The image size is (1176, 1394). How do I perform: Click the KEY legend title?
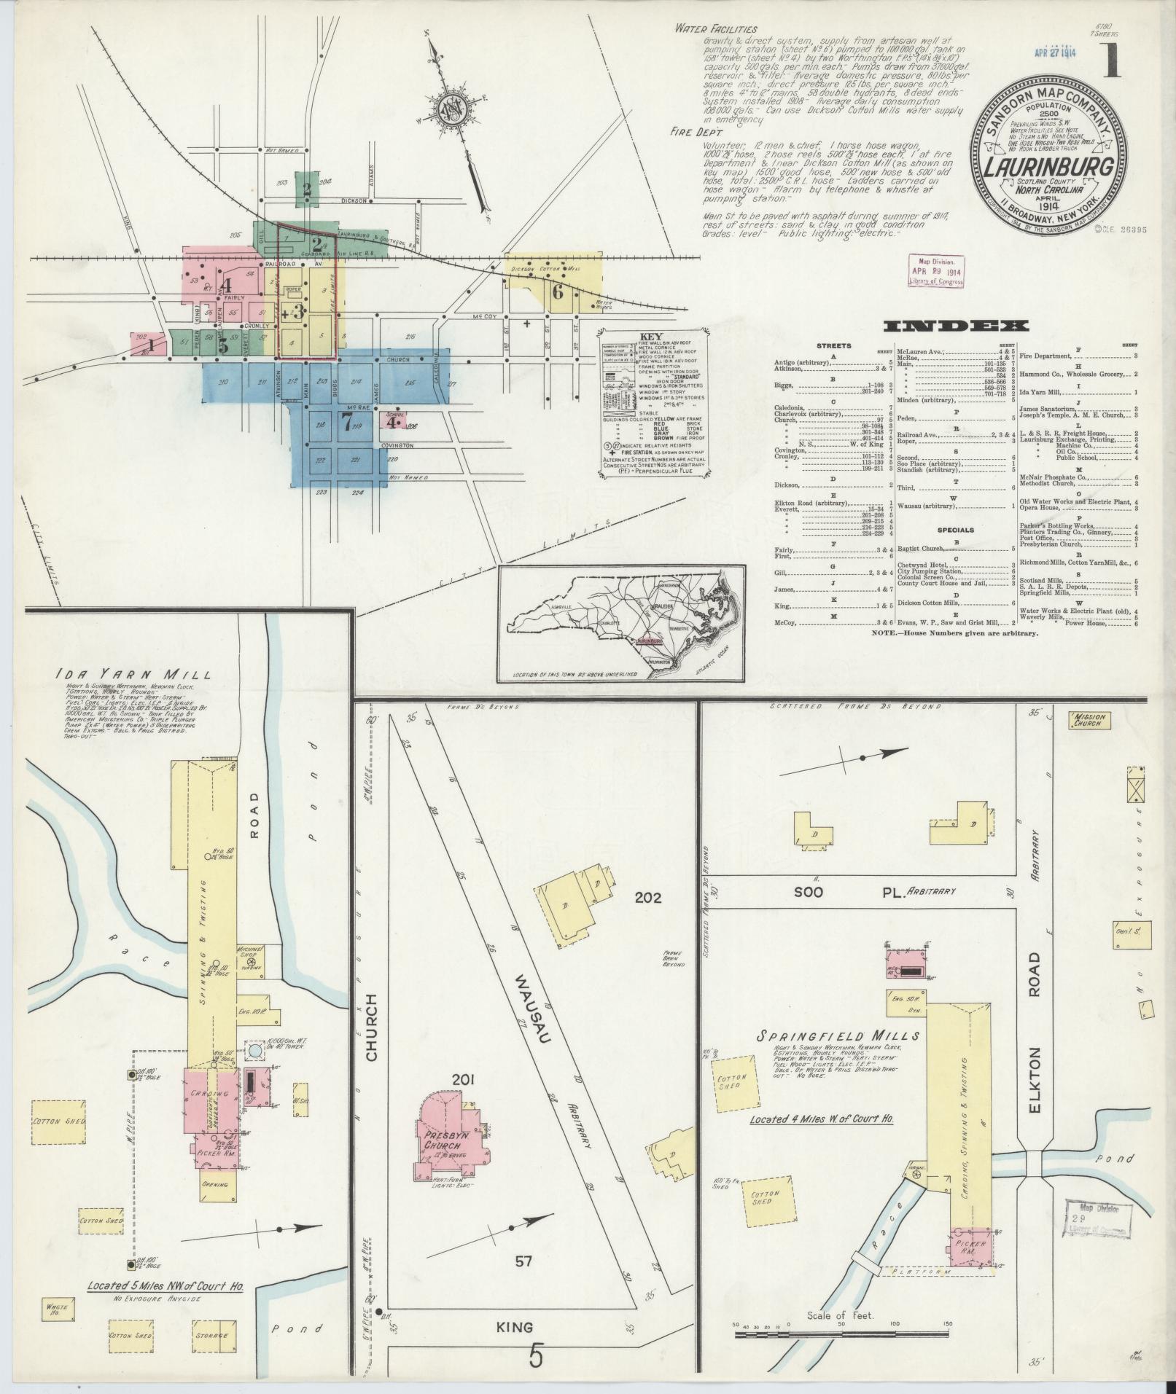click(652, 337)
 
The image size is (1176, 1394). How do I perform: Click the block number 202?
click(647, 898)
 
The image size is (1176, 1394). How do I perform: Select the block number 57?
click(523, 1261)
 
